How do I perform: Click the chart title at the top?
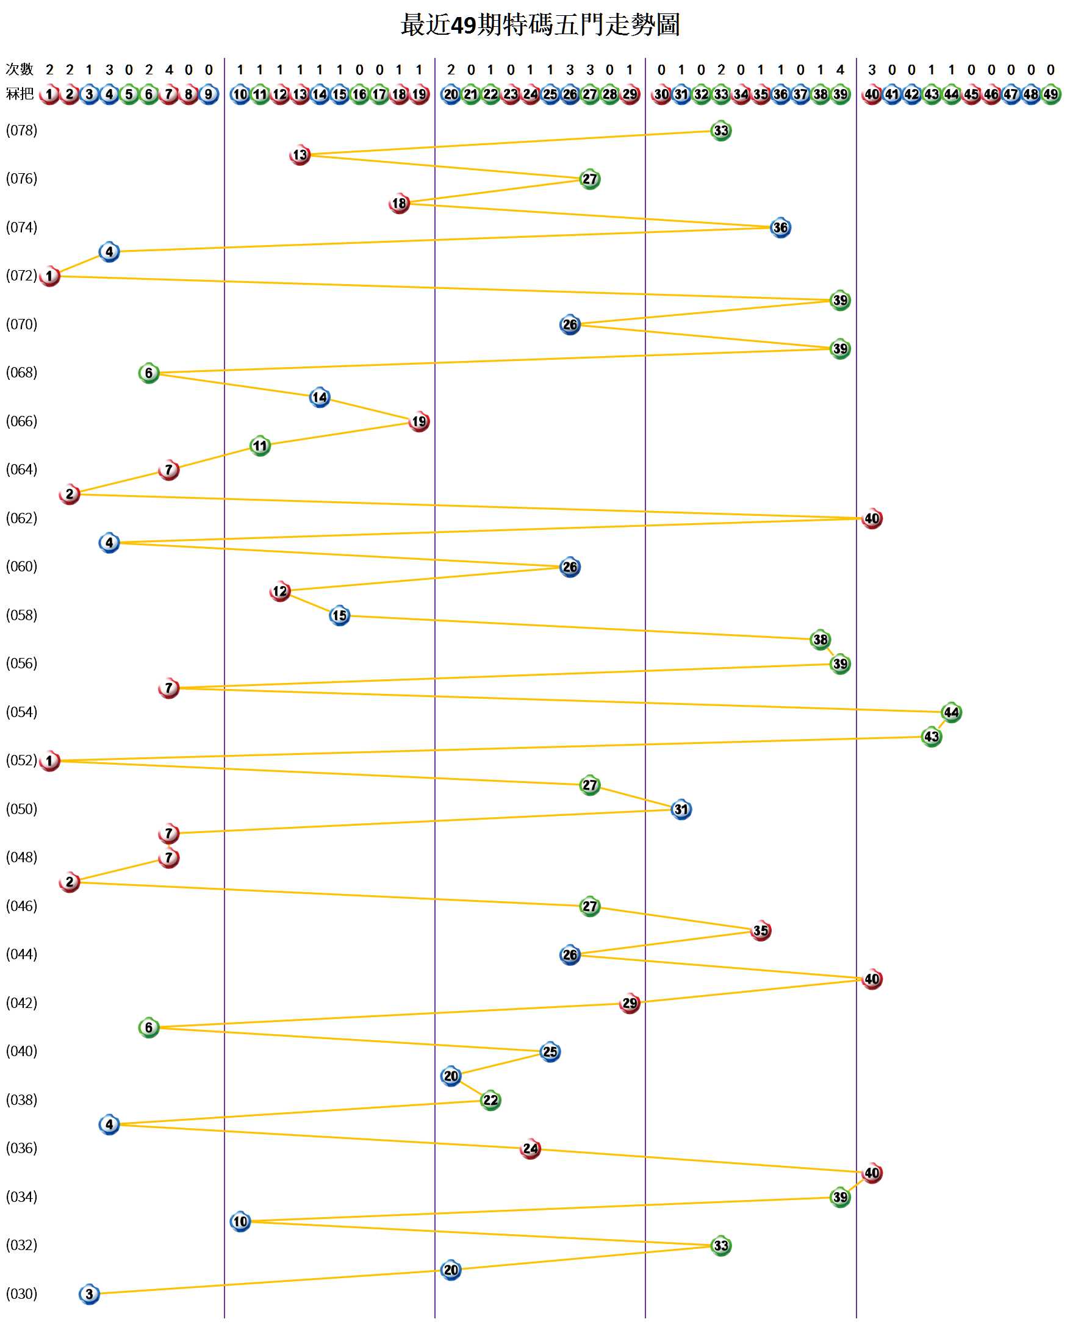coord(540,25)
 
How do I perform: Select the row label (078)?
coord(22,130)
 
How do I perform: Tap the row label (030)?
coord(22,1294)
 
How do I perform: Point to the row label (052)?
coord(22,760)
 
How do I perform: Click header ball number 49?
coord(1050,95)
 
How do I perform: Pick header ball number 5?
coord(129,95)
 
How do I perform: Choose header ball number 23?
coord(511,95)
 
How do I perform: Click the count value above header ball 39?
coord(840,70)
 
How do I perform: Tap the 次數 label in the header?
coord(20,69)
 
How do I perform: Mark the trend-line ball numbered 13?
coord(300,155)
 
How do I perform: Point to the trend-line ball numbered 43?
coord(931,737)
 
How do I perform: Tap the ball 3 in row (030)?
coord(89,1295)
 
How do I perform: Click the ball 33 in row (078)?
coord(720,130)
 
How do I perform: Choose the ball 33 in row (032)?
coord(720,1246)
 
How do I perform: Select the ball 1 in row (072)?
coord(49,276)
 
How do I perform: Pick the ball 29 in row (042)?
coord(630,1003)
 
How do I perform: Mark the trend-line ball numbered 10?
coord(240,1221)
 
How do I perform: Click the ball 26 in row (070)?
coord(570,325)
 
